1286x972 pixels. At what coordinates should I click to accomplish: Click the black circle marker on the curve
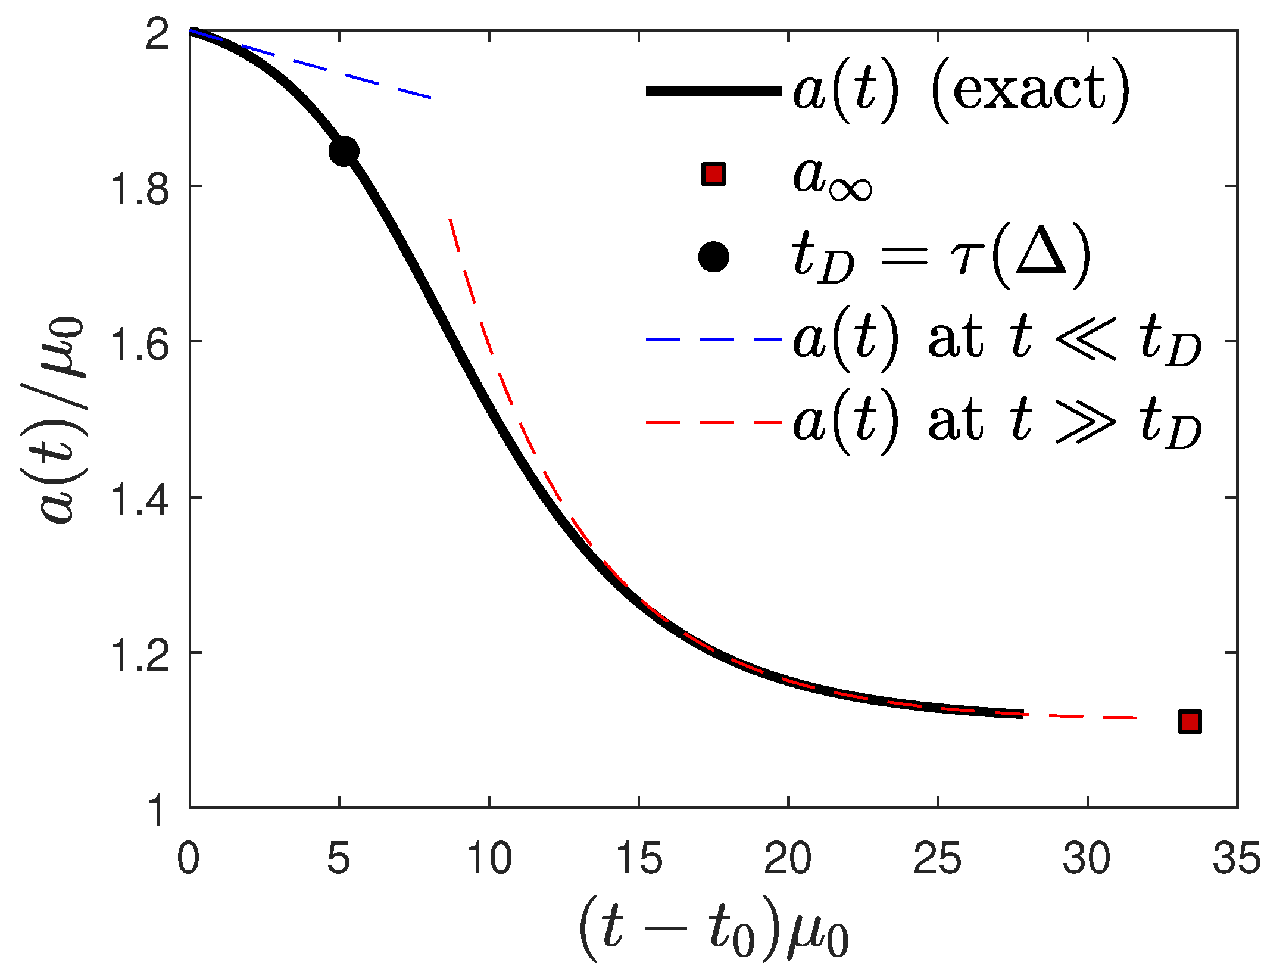344,151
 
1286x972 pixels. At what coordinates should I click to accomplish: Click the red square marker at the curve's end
1190,721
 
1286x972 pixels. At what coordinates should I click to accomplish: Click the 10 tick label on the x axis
489,859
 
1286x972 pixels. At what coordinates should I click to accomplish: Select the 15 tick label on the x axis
639,859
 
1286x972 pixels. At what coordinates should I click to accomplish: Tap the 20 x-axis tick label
788,859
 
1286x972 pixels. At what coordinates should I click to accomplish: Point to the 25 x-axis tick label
938,859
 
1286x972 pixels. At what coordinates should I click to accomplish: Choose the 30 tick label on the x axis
1087,859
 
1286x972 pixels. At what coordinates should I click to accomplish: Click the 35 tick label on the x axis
1237,859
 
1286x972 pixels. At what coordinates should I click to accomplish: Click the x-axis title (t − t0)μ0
713,930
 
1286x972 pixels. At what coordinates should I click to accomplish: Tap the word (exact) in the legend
1030,91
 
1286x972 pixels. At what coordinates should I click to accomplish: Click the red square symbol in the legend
713,175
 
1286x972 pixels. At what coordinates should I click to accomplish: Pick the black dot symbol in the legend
713,257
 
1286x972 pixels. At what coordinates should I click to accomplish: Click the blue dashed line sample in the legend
713,339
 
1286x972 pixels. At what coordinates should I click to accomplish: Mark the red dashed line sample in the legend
713,422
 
